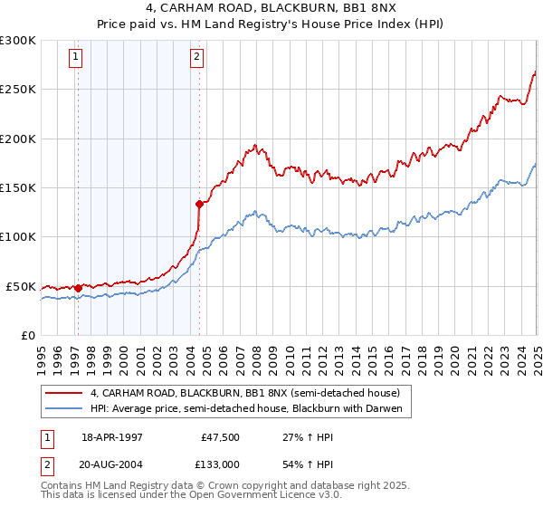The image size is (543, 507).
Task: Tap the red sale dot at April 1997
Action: pyautogui.click(x=78, y=289)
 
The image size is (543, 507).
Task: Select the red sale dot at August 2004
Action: pyautogui.click(x=199, y=205)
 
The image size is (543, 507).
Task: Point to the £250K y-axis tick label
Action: pyautogui.click(x=17, y=90)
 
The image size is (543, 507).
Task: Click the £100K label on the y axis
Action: pyautogui.click(x=17, y=237)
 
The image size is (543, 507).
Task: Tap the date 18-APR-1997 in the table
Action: pyautogui.click(x=111, y=435)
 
